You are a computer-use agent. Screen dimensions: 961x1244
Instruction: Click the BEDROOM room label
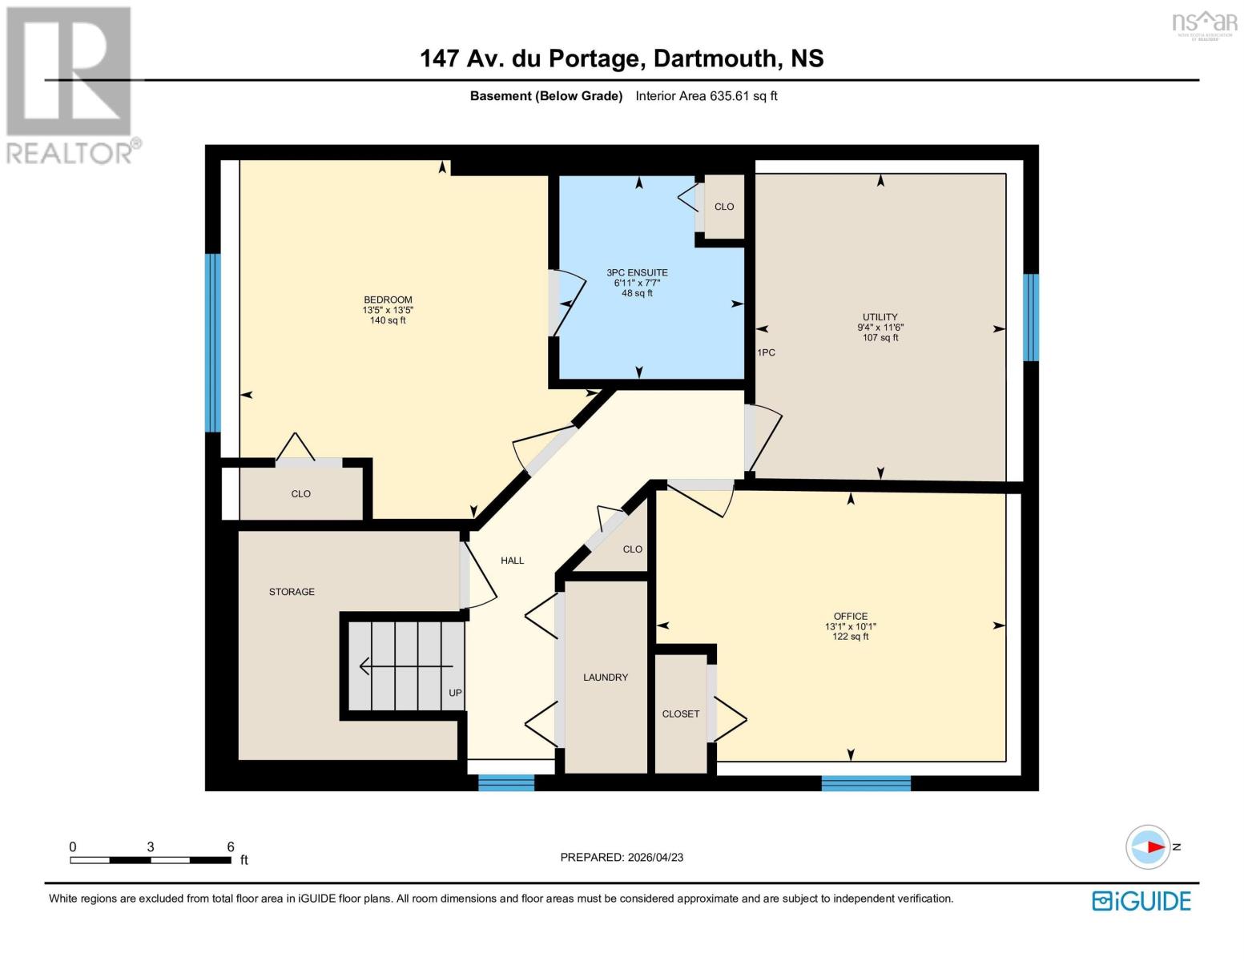pos(388,300)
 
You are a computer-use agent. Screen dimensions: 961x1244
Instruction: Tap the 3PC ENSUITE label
pos(637,273)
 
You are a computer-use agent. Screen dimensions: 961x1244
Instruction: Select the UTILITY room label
pos(880,317)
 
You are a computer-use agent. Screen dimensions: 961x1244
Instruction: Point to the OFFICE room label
pos(850,617)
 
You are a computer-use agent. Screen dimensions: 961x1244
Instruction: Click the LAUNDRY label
pos(605,678)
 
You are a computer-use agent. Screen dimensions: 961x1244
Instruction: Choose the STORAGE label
pos(292,592)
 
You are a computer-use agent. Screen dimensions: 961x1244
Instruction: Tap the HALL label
pos(512,561)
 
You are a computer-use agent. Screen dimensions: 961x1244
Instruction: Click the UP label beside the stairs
pos(455,693)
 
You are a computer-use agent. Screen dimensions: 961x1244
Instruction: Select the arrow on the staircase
pos(405,665)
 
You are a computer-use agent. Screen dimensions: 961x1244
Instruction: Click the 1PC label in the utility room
pos(766,353)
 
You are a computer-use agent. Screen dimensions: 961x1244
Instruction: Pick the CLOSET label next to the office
pos(680,714)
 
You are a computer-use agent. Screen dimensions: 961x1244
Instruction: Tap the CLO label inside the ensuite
pos(723,207)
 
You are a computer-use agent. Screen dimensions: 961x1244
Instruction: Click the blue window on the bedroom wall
pos(212,343)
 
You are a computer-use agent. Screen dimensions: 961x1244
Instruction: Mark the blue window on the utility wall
pos(1031,317)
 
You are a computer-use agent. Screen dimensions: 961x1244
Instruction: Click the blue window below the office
pos(866,782)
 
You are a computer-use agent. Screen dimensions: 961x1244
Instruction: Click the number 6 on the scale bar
pos(231,846)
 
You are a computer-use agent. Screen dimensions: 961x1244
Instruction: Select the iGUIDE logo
pos(1141,901)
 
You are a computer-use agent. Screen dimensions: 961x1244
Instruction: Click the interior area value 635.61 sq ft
pos(743,96)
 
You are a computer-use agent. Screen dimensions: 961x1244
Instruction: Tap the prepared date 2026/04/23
pos(655,858)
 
